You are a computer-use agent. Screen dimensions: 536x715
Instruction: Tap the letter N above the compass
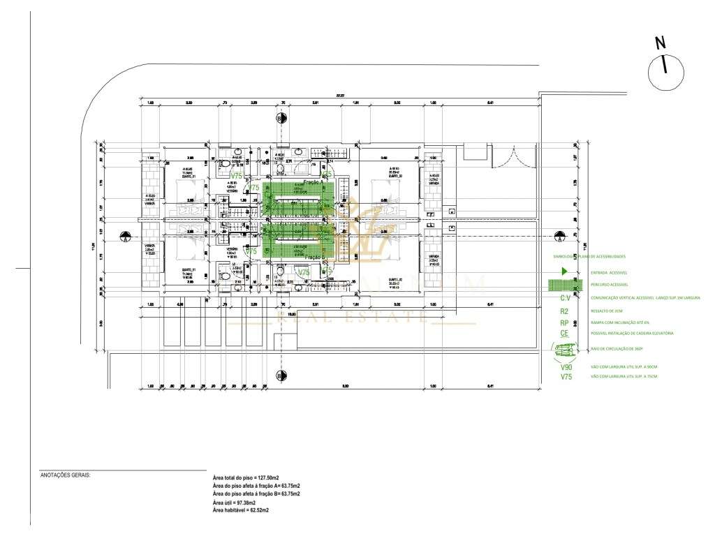(660, 43)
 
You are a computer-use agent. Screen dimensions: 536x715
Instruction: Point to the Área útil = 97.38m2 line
(234, 502)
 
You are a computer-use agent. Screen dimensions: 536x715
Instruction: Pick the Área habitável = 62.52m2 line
(240, 510)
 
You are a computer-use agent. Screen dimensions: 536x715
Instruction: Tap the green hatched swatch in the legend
(565, 285)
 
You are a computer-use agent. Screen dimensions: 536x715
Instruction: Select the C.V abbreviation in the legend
(565, 299)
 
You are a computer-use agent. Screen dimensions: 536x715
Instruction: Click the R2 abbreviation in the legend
(564, 311)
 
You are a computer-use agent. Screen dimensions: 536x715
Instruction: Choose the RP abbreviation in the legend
(564, 323)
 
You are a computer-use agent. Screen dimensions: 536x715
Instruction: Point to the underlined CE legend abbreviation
(564, 334)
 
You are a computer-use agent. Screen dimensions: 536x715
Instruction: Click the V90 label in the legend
(566, 367)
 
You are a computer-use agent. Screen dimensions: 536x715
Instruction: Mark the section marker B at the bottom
(281, 376)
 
